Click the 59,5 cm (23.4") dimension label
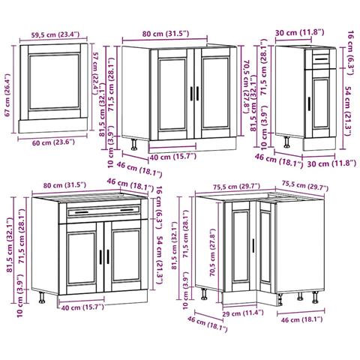click(x=55, y=34)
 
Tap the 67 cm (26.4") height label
click(x=7, y=94)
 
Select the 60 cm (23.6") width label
click(x=53, y=142)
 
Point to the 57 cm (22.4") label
click(x=96, y=73)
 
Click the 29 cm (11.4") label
click(x=243, y=313)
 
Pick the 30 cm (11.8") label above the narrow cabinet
click(x=300, y=32)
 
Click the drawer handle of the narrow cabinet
click(x=321, y=59)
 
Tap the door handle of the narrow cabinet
click(x=309, y=103)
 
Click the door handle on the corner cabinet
click(x=253, y=245)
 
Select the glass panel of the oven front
click(x=54, y=82)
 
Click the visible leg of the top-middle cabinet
click(x=134, y=145)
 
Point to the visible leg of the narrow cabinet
click(x=287, y=142)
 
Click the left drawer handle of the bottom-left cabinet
click(x=82, y=212)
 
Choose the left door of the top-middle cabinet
click(x=172, y=94)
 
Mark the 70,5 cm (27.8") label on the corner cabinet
click(x=212, y=253)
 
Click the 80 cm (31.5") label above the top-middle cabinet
click(x=166, y=34)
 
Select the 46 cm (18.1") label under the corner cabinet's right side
click(x=301, y=319)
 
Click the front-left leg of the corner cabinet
click(x=204, y=293)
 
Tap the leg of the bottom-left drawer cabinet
click(x=42, y=298)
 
